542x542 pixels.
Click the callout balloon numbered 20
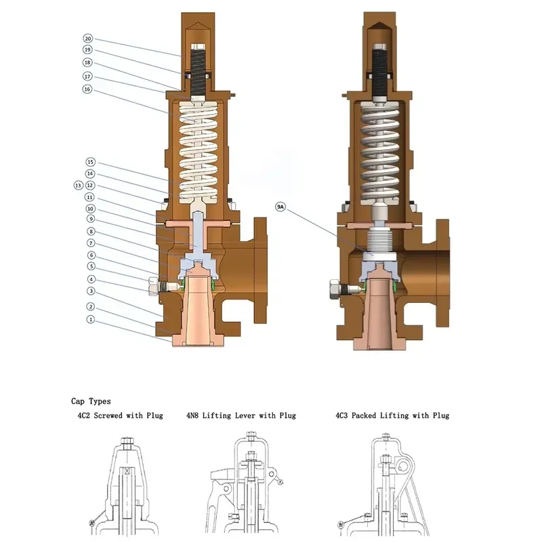click(88, 39)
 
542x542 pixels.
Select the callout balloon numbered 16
click(87, 89)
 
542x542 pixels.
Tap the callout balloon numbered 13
click(79, 186)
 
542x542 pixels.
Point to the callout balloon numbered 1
click(91, 319)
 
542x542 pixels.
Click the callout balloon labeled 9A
click(280, 207)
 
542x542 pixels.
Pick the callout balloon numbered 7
click(91, 243)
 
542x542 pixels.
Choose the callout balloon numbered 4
click(91, 279)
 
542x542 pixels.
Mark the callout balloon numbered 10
click(90, 209)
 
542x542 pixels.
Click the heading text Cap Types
click(91, 401)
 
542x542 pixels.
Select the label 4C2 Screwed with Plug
click(121, 415)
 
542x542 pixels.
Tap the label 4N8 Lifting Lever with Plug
click(241, 415)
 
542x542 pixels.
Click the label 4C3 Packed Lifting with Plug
click(392, 415)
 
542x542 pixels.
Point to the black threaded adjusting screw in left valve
click(198, 72)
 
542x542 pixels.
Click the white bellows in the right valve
click(379, 240)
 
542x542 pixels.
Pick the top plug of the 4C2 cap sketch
click(127, 442)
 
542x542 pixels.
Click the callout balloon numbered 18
click(87, 62)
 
